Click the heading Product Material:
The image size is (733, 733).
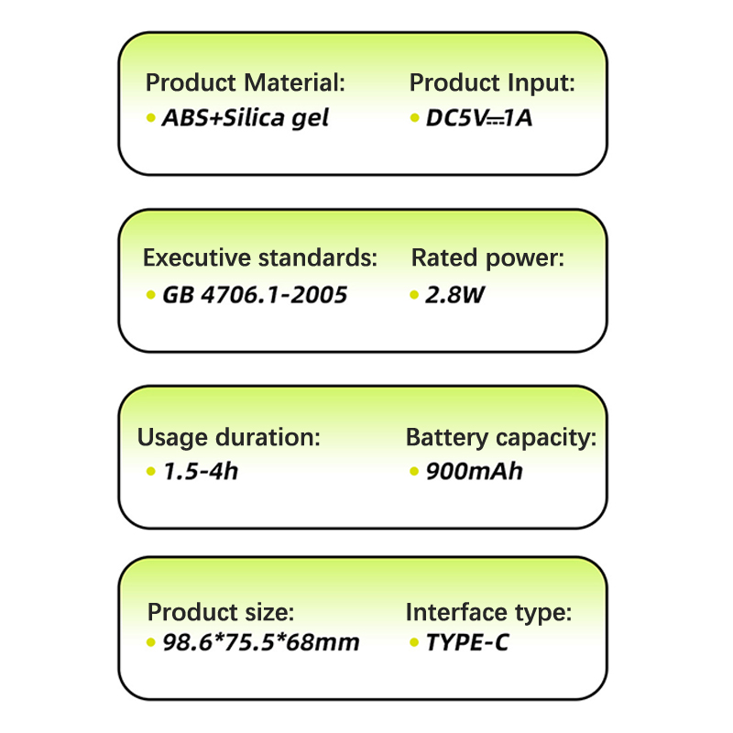point(245,83)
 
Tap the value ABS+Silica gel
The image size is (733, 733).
point(245,118)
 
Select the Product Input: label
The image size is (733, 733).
point(492,83)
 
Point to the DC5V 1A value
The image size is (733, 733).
point(478,118)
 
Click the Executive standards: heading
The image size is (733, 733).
point(259,258)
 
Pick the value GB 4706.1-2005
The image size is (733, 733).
point(254,295)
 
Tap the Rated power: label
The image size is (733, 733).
point(487,258)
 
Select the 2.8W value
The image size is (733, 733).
point(454,295)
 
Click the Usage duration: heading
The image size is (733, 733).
point(229,438)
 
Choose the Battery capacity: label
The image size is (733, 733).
point(500,438)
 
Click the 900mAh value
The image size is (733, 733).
point(474,472)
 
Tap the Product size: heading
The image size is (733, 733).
point(221,612)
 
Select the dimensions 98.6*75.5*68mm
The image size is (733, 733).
point(260,642)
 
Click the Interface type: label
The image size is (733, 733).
point(488,612)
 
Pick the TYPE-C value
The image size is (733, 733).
point(466,642)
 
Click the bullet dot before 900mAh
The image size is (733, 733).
point(414,472)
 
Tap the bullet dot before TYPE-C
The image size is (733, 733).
point(414,642)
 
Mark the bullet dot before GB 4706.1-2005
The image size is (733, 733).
point(151,295)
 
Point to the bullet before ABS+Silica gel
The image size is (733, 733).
point(151,118)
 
